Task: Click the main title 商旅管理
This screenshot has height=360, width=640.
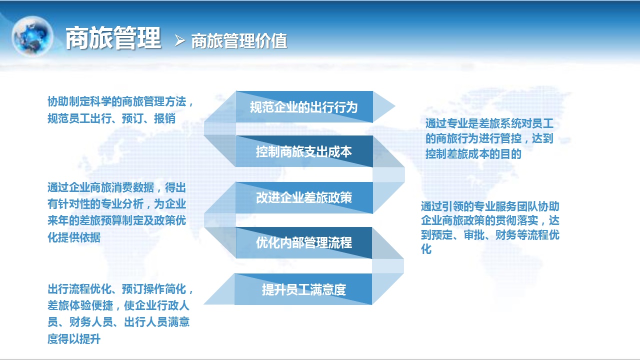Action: tap(113, 38)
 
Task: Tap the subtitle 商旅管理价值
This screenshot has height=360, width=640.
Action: tap(239, 41)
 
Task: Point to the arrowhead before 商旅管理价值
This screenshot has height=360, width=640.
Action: tap(180, 40)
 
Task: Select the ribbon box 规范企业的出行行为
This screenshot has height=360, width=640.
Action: tap(304, 107)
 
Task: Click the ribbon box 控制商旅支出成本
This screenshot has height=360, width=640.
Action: tap(304, 151)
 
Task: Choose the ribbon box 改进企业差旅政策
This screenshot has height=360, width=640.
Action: tap(304, 197)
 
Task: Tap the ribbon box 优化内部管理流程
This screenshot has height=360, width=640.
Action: tap(303, 243)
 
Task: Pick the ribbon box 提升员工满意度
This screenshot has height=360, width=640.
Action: tap(303, 289)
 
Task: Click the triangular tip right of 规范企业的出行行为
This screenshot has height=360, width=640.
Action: tap(383, 106)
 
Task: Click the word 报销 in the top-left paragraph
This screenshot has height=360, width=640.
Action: tap(165, 118)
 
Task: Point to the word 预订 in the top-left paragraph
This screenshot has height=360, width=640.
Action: tap(133, 118)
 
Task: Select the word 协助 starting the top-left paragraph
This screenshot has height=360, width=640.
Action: tap(58, 101)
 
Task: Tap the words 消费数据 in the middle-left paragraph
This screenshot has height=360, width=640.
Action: tap(133, 187)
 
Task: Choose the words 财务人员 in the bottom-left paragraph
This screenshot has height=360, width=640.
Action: tap(91, 322)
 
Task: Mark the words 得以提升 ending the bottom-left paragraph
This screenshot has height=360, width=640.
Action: tap(79, 339)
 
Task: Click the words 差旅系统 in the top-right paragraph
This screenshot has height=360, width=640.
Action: tap(500, 123)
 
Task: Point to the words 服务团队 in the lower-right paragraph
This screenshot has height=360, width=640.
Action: tap(516, 206)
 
